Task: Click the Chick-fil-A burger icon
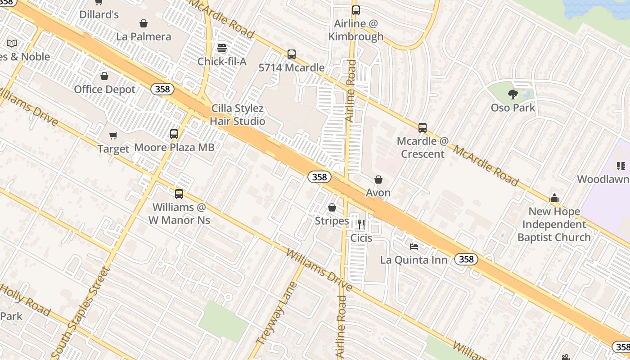point(221,48)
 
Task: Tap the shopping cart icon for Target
point(113,135)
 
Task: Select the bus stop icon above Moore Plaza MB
point(174,134)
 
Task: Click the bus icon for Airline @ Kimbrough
point(356,10)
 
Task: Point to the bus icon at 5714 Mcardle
point(292,54)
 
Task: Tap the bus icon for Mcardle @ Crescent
point(422,127)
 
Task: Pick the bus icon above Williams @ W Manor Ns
point(179,194)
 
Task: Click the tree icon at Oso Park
point(513,94)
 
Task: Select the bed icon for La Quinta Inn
point(414,246)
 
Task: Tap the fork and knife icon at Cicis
point(361,224)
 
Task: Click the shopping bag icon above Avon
point(378,180)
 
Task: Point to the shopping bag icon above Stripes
point(332,207)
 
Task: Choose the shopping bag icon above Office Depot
point(104,76)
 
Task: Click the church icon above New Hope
point(554,198)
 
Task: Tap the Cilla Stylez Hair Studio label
point(237,115)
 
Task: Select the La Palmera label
point(144,36)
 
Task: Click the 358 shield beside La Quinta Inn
point(466,259)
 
